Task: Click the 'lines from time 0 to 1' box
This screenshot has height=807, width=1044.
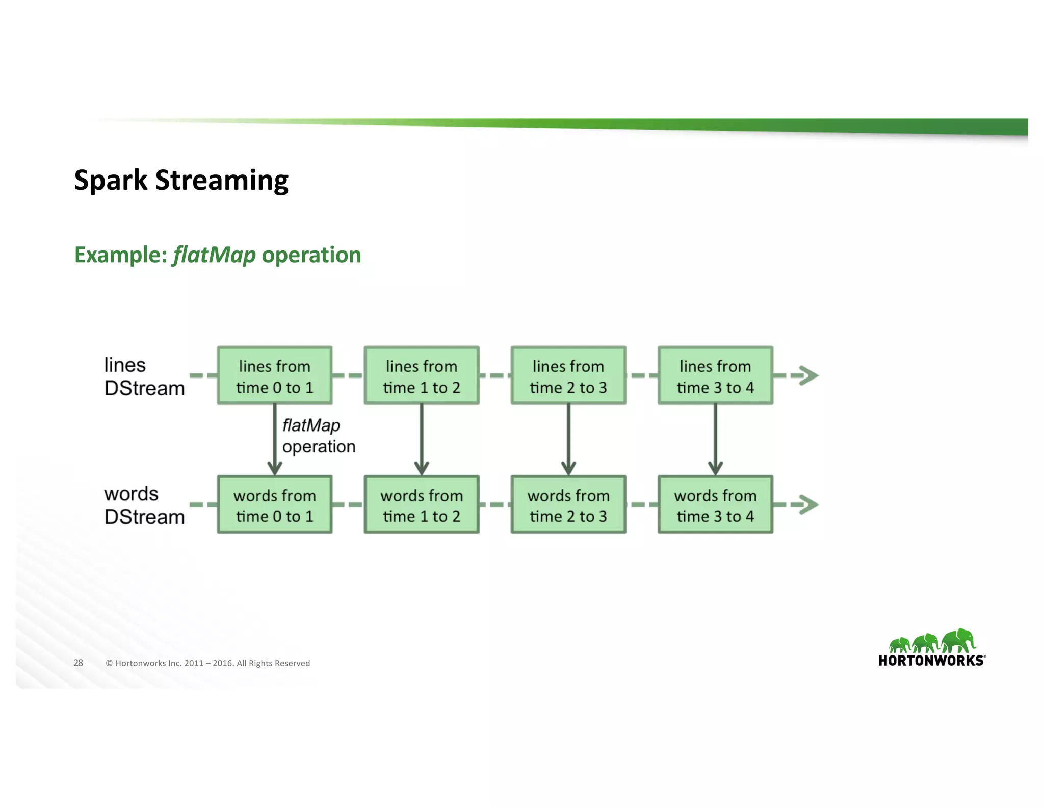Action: pyautogui.click(x=274, y=376)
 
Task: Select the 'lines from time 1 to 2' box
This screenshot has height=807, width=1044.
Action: pyautogui.click(x=421, y=376)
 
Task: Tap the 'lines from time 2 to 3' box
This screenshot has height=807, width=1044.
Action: pyautogui.click(x=568, y=376)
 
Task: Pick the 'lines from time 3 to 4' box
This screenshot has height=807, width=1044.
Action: pyautogui.click(x=715, y=376)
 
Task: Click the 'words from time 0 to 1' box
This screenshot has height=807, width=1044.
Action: pyautogui.click(x=274, y=505)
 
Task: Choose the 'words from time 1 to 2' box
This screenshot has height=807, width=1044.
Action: pyautogui.click(x=421, y=505)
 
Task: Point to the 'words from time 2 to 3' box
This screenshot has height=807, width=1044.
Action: pyautogui.click(x=568, y=505)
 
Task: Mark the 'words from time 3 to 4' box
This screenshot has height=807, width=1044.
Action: pyautogui.click(x=715, y=505)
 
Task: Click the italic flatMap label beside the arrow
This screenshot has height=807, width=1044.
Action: pyautogui.click(x=311, y=425)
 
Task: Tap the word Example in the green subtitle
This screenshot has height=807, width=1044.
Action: pyautogui.click(x=120, y=255)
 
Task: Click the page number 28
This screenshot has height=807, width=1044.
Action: pyautogui.click(x=78, y=663)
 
